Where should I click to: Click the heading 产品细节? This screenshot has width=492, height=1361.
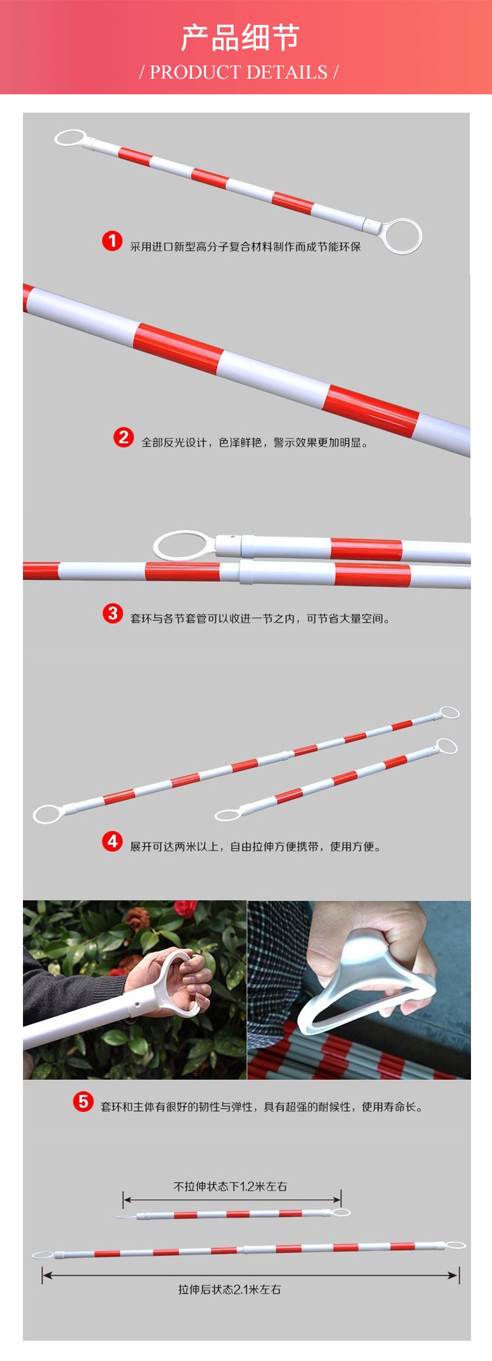(240, 38)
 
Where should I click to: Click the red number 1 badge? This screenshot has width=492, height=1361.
(112, 240)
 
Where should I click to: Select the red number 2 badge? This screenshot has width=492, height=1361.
(123, 436)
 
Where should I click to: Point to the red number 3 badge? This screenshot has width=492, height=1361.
(112, 613)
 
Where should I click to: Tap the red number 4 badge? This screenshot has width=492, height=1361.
(112, 841)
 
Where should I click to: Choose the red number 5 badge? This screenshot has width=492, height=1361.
(83, 1102)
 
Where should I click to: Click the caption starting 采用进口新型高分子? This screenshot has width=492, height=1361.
(245, 246)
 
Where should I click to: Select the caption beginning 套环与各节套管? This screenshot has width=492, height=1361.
(259, 619)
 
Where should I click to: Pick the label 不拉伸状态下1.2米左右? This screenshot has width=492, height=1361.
(230, 1185)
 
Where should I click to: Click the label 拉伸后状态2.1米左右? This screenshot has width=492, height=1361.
(230, 1289)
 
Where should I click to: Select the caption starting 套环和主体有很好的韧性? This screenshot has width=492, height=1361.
(262, 1107)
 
